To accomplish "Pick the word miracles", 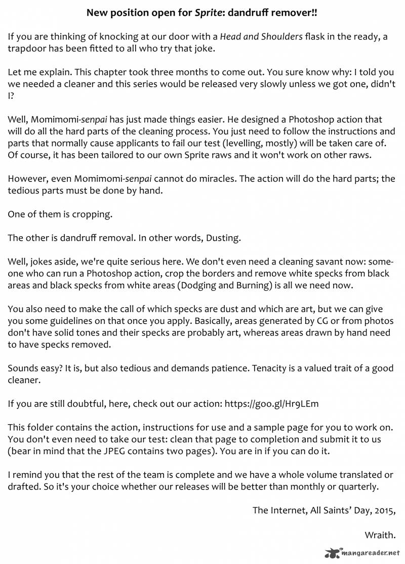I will [x=217, y=179].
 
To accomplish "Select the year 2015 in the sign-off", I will [x=383, y=510].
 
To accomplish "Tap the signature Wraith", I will [x=379, y=535].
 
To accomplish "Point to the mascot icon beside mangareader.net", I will [x=333, y=553].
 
